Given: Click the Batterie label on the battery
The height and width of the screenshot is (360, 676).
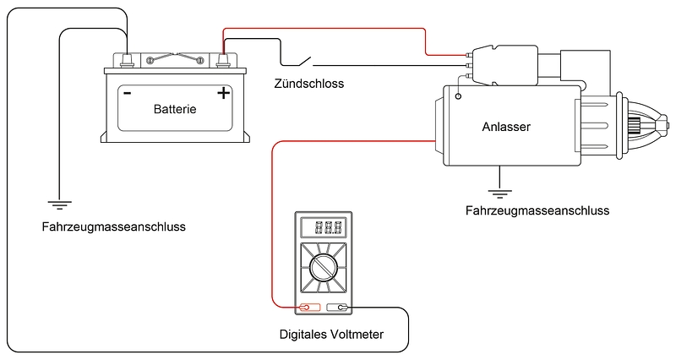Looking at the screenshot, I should click(x=175, y=109).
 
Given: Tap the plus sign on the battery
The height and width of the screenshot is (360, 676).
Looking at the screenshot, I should click(x=223, y=93).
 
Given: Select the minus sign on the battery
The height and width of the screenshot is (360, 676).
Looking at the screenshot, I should click(x=127, y=93).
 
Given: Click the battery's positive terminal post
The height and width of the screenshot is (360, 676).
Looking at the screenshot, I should click(x=223, y=60).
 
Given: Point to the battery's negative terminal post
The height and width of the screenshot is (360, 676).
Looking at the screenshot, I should click(x=127, y=60).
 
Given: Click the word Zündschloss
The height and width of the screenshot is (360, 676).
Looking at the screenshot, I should click(x=309, y=85).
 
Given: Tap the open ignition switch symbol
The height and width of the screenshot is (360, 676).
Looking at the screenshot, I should click(x=297, y=62).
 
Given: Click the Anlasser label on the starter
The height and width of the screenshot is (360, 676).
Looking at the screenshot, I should click(x=505, y=128).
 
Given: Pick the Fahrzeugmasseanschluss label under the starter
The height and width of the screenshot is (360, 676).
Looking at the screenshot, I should click(x=537, y=210).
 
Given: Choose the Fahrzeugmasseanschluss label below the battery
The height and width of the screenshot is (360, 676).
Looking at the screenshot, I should click(x=113, y=227).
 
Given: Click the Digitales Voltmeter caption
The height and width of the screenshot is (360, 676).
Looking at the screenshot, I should click(x=331, y=335).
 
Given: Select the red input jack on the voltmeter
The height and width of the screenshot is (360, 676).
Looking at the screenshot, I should click(x=310, y=308).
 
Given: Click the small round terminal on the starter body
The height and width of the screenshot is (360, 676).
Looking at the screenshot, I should click(x=458, y=97).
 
